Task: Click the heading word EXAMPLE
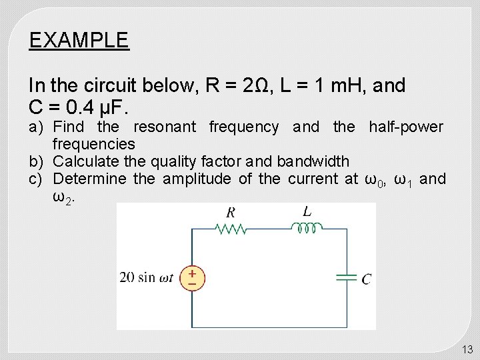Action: tap(79, 41)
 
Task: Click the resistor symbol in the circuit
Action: tap(231, 229)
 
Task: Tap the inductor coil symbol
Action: tap(307, 229)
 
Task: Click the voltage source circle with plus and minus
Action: tap(192, 278)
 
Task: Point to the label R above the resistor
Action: tap(231, 213)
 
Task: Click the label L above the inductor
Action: tap(307, 211)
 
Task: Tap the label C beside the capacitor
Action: tap(366, 279)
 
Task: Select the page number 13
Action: tap(467, 349)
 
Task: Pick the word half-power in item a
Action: tap(405, 127)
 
